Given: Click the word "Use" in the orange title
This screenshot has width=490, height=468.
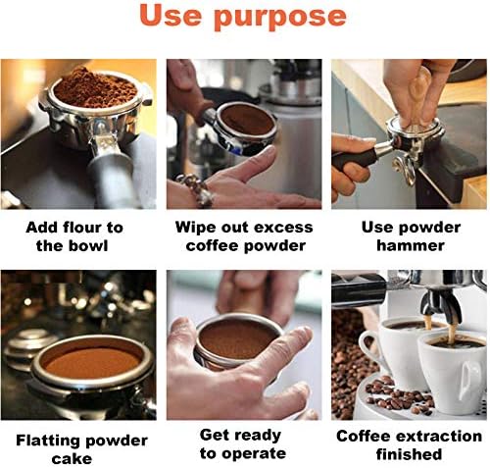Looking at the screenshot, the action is [171, 15].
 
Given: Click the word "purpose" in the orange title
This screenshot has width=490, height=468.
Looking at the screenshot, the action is [280, 18].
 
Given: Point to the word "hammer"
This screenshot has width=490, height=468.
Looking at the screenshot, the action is [411, 245].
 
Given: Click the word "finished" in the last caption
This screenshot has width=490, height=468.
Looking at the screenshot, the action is [409, 454].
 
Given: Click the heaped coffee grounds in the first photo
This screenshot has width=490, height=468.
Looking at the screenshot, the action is [94, 87].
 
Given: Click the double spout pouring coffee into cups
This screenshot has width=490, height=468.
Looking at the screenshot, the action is [440, 305].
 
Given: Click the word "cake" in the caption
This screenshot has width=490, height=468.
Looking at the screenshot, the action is [72, 458].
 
